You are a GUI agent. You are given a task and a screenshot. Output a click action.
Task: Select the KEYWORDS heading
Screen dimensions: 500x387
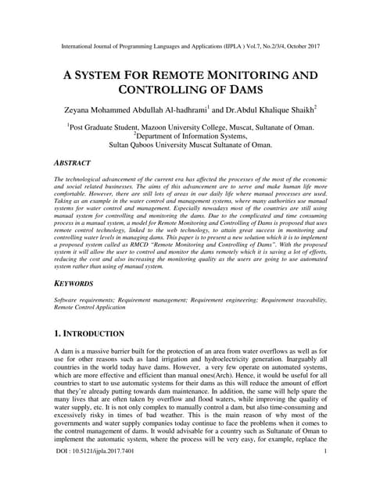pyautogui.click(x=73, y=283)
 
